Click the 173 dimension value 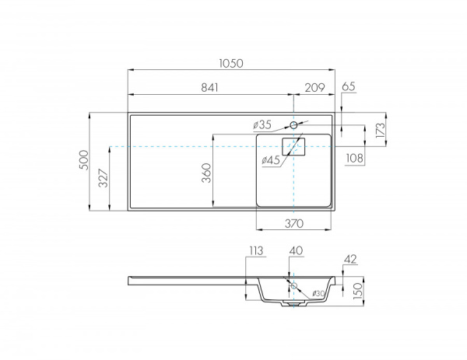(x=381, y=130)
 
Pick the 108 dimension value (x=354, y=159)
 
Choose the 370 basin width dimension (x=293, y=224)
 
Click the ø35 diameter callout (x=262, y=124)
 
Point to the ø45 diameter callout (x=271, y=160)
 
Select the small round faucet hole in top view (x=294, y=125)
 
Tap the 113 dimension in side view (x=258, y=250)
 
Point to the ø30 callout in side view (x=318, y=292)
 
